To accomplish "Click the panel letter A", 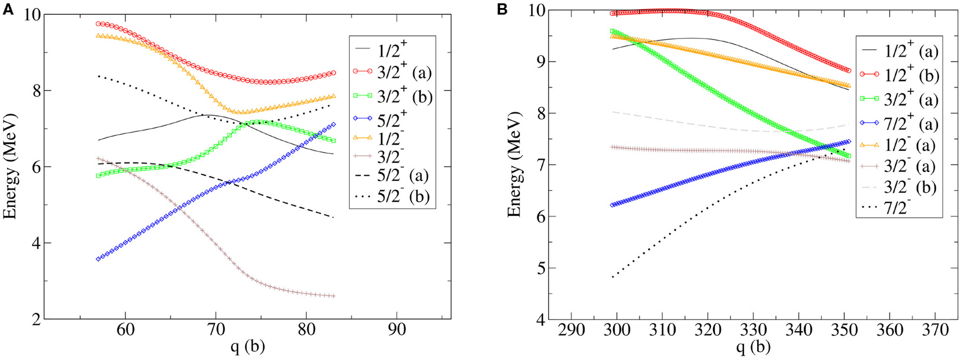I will (8, 8).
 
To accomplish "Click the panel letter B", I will (502, 8).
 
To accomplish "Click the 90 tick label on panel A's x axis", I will (397, 329).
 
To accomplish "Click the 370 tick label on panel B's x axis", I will (935, 329).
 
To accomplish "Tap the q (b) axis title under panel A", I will (247, 348).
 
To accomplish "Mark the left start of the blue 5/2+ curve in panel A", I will (98, 259).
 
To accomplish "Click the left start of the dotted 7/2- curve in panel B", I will (613, 277).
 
